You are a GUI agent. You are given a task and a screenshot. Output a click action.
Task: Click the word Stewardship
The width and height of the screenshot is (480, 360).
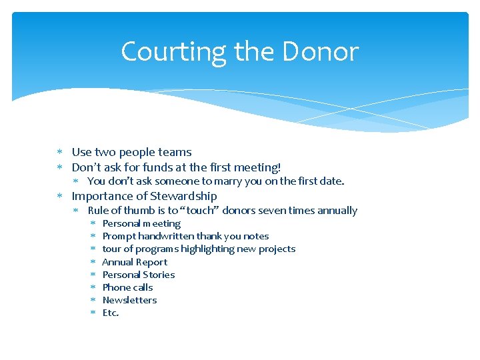(183, 196)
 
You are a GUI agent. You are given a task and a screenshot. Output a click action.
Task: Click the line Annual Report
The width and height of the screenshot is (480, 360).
(135, 262)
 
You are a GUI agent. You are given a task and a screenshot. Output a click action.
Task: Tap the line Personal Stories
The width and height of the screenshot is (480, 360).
(139, 275)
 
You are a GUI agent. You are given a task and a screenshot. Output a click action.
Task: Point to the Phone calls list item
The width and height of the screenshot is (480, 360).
(127, 287)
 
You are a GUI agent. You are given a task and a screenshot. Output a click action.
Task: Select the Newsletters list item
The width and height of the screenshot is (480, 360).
(129, 300)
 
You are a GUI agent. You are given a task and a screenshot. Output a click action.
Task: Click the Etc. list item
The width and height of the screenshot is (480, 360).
(111, 313)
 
